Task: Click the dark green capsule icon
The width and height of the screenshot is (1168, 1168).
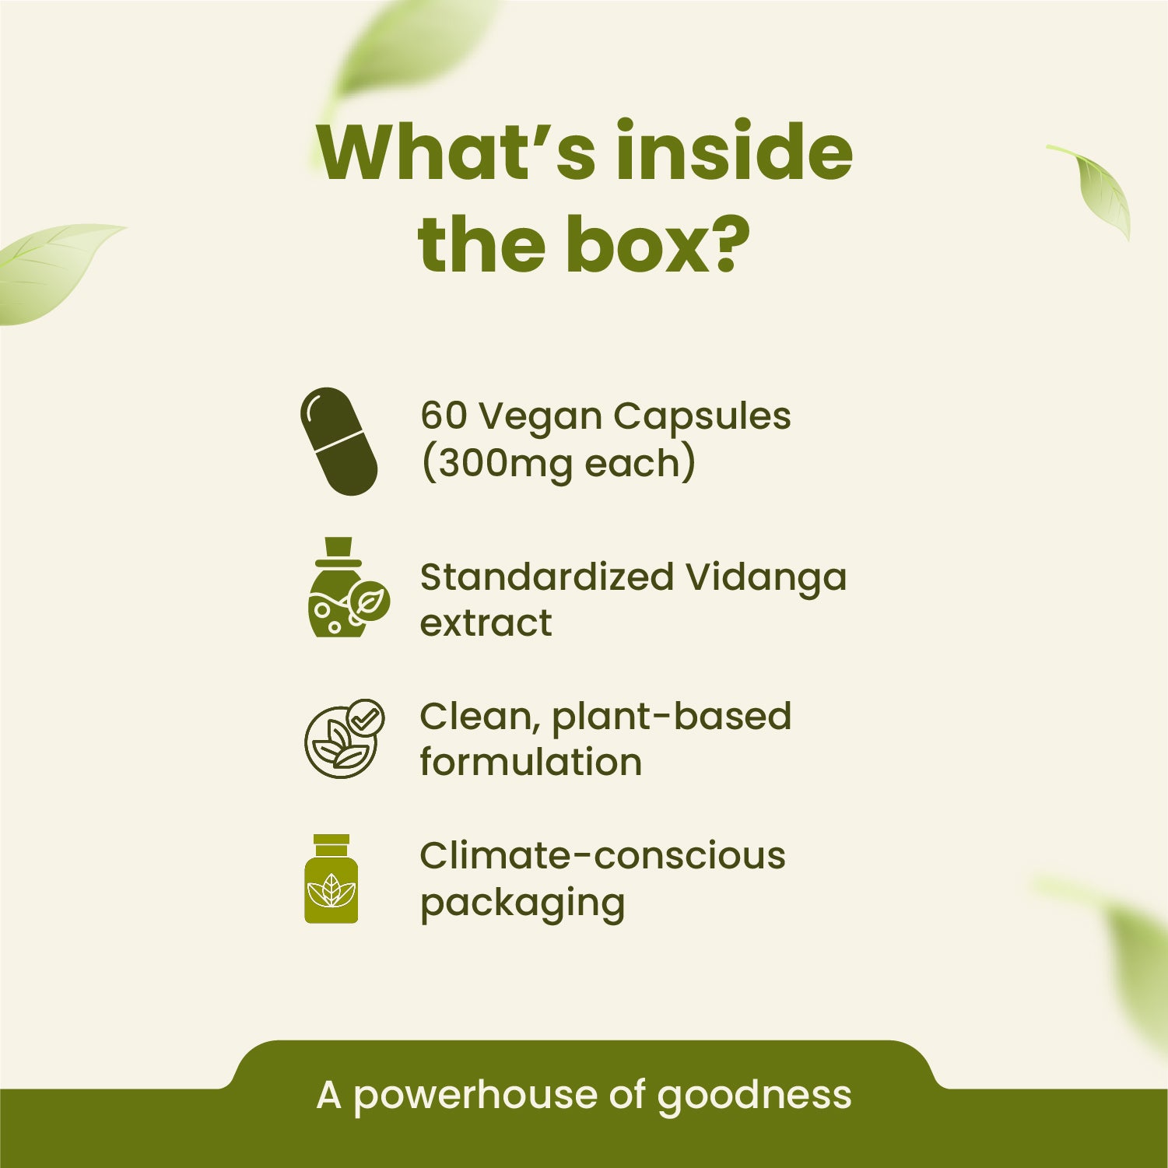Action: (339, 441)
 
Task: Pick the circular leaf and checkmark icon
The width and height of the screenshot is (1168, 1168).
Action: (343, 738)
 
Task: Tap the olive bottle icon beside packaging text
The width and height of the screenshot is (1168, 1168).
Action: (331, 879)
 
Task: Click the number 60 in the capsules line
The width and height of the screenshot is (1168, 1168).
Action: (444, 416)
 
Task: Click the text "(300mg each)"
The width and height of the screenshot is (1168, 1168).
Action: (557, 464)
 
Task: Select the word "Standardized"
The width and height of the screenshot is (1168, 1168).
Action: (546, 577)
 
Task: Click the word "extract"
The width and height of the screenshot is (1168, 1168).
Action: (486, 623)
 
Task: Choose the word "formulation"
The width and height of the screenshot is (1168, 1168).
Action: (531, 762)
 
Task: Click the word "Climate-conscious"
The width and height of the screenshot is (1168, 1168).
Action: (602, 856)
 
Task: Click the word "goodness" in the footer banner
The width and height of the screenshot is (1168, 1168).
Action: (754, 1096)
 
